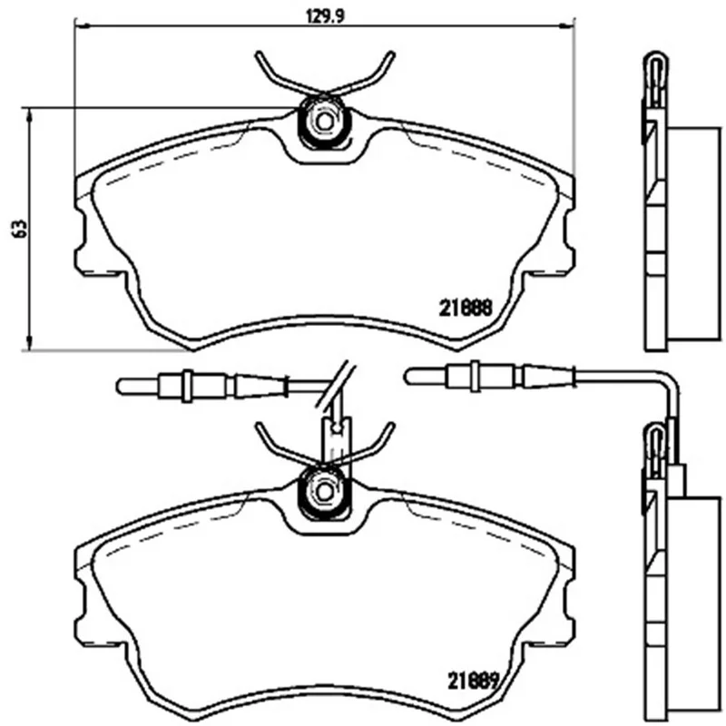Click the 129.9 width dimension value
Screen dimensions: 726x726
326,16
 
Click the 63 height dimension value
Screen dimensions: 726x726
20,229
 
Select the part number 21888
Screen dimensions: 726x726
466,308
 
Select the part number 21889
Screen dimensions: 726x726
472,680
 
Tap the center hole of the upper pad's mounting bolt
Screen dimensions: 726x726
324,122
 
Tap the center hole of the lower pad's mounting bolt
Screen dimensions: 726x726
324,490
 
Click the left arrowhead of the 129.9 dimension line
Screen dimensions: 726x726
81,26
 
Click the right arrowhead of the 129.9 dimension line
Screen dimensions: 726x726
568,26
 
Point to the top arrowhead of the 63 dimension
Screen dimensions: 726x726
29,114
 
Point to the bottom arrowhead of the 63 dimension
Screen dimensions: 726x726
29,344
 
